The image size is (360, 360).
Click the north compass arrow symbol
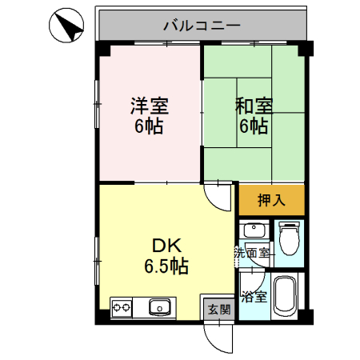tap(70, 29)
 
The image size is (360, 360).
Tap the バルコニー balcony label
tap(202, 26)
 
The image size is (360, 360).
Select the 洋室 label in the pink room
tap(150, 106)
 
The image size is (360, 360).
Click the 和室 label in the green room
tap(254, 106)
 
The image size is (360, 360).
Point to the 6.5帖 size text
tap(166, 266)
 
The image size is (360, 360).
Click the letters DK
tap(166, 246)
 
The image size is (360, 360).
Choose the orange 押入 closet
tap(271, 200)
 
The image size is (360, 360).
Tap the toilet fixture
tap(289, 238)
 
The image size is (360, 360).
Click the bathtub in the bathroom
tap(285, 296)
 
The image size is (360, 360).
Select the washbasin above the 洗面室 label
tap(254, 230)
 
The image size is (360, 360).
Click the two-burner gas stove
tap(122, 308)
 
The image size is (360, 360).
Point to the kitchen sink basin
tap(159, 307)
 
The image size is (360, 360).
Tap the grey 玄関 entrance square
tap(219, 310)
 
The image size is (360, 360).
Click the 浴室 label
tap(254, 297)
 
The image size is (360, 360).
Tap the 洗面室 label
tap(251, 253)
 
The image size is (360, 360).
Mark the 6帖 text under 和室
tap(254, 126)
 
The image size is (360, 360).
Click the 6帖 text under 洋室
tap(149, 126)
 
